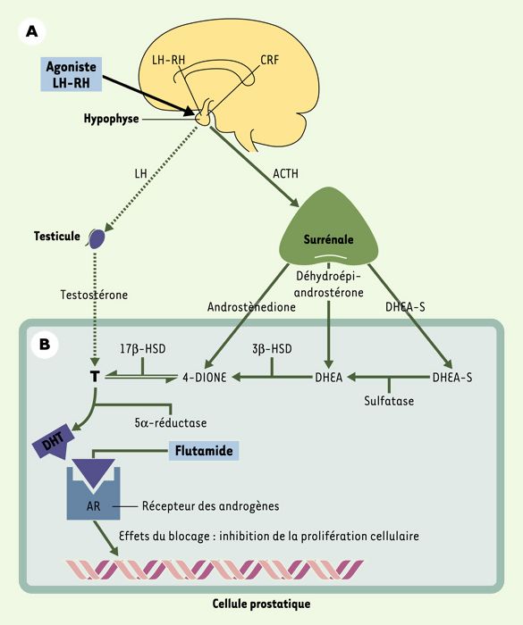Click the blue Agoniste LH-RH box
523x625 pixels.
coord(71,74)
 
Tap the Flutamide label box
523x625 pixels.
coord(204,451)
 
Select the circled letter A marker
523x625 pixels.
coord(32,30)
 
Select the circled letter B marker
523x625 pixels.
coord(45,344)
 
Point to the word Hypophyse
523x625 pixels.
coord(112,119)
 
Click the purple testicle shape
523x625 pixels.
coord(97,238)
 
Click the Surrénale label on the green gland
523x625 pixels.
coord(329,239)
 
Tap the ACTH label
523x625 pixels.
coord(285,174)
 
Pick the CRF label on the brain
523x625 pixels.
coord(269,60)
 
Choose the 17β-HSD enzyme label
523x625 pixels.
coord(143,349)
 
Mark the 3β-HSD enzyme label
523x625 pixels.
coord(272,349)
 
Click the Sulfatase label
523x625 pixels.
coord(389,401)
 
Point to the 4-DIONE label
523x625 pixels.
coord(205,377)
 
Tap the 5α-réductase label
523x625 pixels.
coord(171,422)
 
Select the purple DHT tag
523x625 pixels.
coord(54,443)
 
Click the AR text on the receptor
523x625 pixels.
coord(93,506)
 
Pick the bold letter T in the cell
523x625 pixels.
coord(95,377)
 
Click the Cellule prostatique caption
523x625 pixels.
coord(261,604)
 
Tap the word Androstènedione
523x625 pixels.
coord(251,307)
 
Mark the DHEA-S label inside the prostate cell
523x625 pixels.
coord(452,377)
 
